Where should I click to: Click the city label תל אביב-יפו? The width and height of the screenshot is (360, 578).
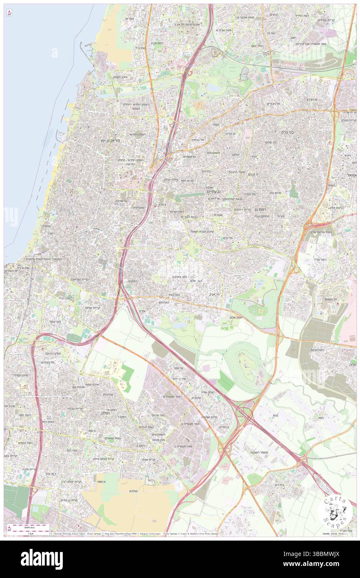pos(113,141)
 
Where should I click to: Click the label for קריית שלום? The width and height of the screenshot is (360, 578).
pos(94,307)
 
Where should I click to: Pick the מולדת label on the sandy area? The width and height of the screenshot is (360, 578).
pos(134,491)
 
